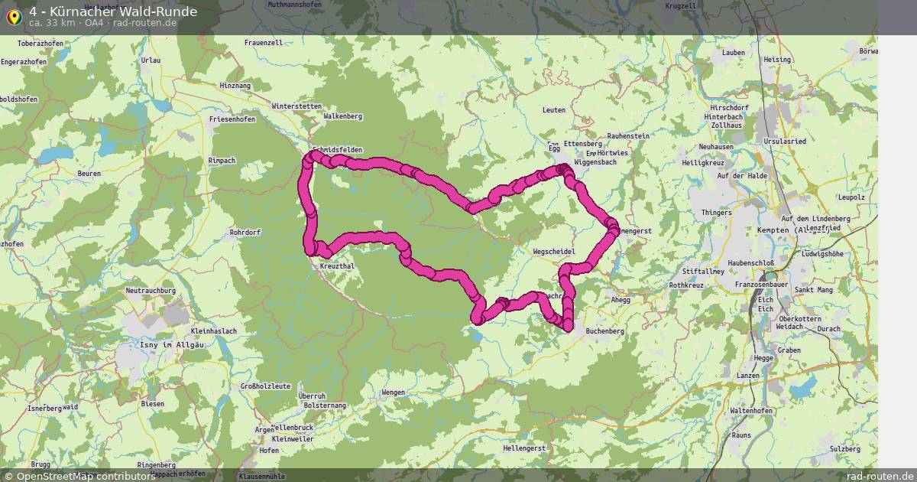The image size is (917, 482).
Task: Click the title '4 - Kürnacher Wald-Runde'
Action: point(112,11)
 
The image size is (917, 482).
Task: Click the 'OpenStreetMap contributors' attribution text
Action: point(85,476)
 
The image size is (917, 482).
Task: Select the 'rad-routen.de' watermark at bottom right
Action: point(880,476)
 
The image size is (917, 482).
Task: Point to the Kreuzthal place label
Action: point(336,265)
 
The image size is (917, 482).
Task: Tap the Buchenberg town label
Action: point(604,331)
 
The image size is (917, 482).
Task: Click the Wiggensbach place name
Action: point(595,162)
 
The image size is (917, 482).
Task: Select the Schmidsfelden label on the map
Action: point(337,149)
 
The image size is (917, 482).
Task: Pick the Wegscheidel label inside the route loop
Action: point(554,251)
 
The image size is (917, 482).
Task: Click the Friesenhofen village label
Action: point(232,119)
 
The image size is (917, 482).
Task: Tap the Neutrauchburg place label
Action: point(151,291)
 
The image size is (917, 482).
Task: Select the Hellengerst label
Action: point(524,448)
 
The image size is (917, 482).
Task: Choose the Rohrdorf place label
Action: point(245,232)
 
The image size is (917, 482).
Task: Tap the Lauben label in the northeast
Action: point(733,52)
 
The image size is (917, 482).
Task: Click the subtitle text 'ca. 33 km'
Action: point(52,23)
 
